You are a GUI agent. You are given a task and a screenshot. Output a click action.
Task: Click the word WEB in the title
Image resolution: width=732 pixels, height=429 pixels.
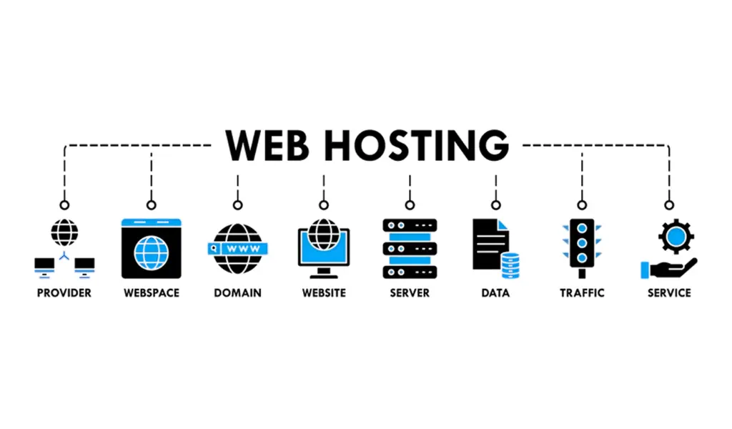pyautogui.click(x=266, y=145)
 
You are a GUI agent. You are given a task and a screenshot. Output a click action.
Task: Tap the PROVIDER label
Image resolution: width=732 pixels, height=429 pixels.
pyautogui.click(x=64, y=292)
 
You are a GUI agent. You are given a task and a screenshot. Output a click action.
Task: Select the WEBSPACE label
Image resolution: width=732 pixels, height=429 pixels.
pyautogui.click(x=151, y=292)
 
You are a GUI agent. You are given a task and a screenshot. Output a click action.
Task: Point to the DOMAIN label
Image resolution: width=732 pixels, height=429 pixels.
pyautogui.click(x=237, y=292)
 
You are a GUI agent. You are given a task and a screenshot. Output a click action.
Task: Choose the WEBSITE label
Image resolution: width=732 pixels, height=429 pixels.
pyautogui.click(x=324, y=292)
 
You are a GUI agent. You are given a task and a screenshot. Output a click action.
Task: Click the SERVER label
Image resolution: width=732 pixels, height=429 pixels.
pyautogui.click(x=410, y=292)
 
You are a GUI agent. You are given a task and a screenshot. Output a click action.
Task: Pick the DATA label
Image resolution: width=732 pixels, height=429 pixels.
pyautogui.click(x=495, y=292)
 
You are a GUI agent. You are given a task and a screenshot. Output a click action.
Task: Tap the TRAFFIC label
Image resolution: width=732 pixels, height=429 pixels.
pyautogui.click(x=582, y=292)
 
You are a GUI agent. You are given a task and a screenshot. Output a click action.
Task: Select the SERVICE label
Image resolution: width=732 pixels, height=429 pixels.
pyautogui.click(x=669, y=292)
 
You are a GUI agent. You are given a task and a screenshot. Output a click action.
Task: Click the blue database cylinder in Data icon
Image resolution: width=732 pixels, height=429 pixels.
pyautogui.click(x=510, y=265)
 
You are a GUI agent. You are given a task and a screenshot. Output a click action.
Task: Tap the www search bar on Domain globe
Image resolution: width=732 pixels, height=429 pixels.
pyautogui.click(x=238, y=248)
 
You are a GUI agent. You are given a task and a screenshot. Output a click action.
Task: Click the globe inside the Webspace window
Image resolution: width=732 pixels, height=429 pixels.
pyautogui.click(x=151, y=253)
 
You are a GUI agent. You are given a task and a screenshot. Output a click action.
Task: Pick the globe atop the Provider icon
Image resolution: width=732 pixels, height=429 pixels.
pyautogui.click(x=64, y=232)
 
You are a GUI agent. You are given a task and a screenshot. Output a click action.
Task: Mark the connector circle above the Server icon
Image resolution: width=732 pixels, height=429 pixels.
pyautogui.click(x=410, y=204)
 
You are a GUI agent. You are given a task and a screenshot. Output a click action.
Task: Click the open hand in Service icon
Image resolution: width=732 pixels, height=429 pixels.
pyautogui.click(x=672, y=268)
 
